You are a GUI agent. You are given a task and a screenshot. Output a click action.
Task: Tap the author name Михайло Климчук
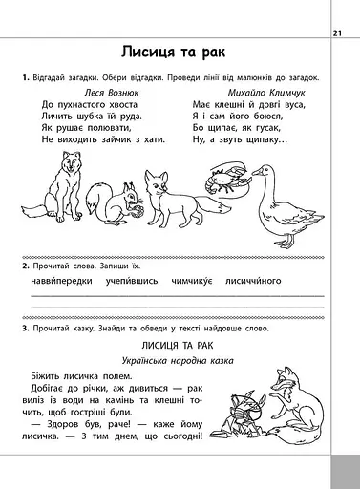[x=251, y=92]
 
